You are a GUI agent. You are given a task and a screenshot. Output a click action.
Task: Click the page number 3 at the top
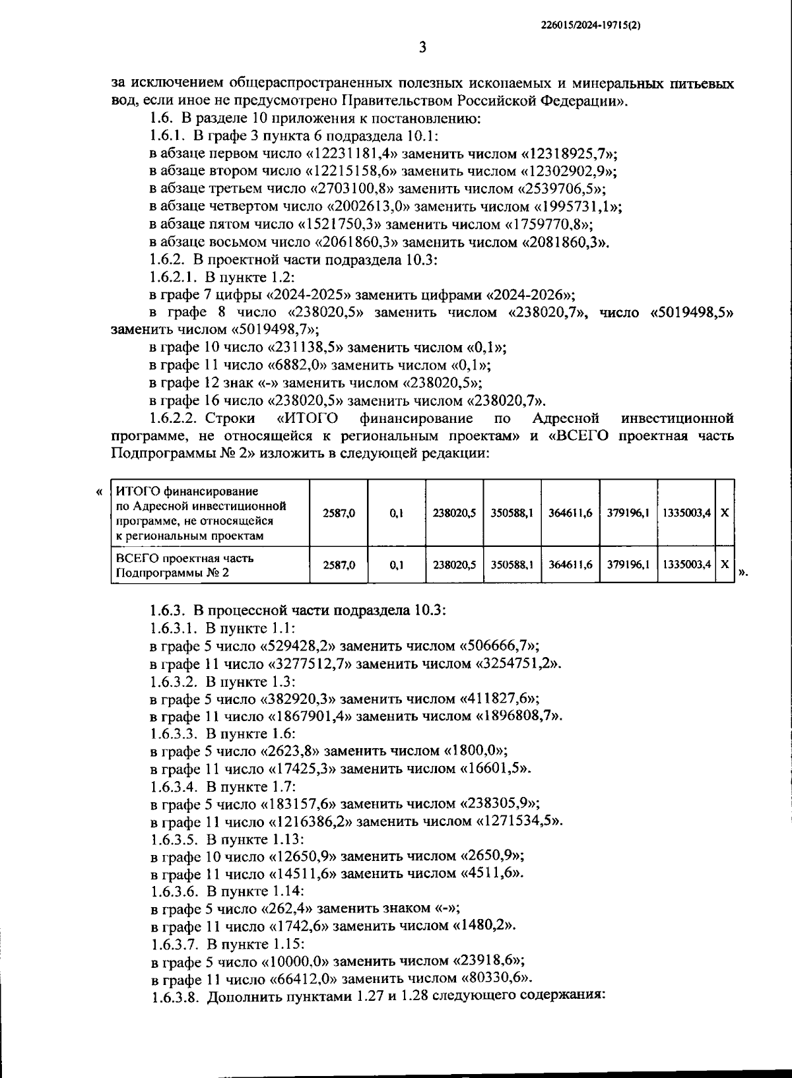[x=422, y=47]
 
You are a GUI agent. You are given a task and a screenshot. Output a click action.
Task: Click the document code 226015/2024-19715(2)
[x=592, y=25]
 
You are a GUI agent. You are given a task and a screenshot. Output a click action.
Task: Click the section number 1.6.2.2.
[x=174, y=418]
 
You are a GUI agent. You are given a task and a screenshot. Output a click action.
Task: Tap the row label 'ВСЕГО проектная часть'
[x=185, y=558]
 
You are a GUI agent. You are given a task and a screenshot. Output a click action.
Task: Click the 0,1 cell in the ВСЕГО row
[x=397, y=565]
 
